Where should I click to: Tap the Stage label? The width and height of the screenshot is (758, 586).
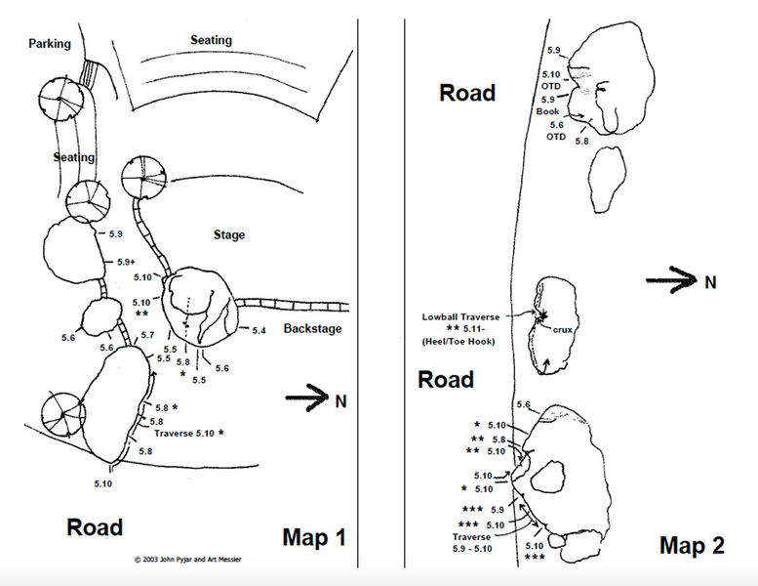coord(229,235)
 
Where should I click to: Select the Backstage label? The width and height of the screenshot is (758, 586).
coord(313,329)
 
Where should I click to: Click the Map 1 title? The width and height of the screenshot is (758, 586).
coord(314,536)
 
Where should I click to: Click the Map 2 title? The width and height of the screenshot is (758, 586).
coord(692,545)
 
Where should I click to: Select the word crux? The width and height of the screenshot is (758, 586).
coord(563,330)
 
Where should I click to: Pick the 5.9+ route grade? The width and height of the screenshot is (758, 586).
coord(125,262)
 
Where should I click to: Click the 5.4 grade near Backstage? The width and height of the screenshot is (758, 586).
coord(259,332)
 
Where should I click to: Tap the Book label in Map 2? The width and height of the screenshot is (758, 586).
coord(547,111)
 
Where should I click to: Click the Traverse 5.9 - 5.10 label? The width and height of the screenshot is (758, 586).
coord(474,543)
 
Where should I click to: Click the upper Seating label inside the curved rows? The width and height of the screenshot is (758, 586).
coord(211,41)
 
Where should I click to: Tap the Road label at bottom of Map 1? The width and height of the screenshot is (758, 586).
coord(95,527)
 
